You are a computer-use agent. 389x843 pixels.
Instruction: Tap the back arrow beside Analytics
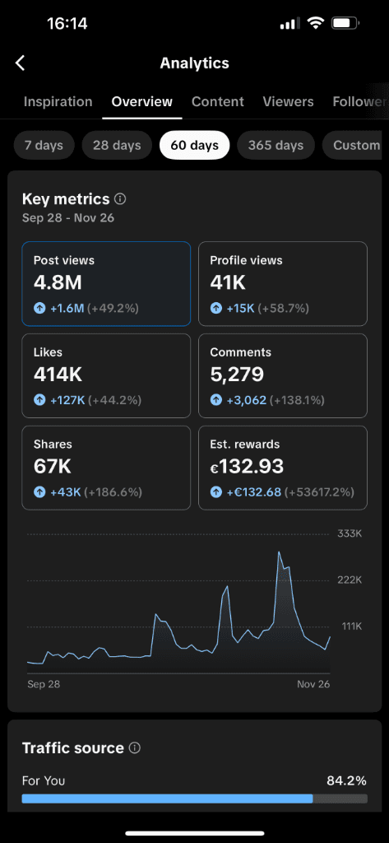click(21, 63)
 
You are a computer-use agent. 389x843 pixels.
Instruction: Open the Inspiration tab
click(58, 102)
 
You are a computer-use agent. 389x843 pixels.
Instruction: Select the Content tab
click(218, 102)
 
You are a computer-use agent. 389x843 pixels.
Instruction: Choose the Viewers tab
click(288, 102)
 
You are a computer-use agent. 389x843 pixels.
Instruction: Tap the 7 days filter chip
click(44, 146)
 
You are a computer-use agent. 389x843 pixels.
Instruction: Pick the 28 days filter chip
click(117, 146)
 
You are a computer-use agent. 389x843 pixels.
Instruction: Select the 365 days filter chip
click(276, 146)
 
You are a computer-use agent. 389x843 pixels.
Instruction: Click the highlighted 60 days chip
click(194, 146)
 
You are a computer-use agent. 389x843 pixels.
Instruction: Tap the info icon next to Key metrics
click(120, 199)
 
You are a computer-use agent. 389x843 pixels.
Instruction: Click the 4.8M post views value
click(57, 283)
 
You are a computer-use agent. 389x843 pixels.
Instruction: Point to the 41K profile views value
click(228, 283)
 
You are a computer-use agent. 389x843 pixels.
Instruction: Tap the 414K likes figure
click(58, 375)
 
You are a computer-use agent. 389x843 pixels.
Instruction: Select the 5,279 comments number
click(237, 375)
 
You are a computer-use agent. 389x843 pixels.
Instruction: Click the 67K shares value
click(53, 467)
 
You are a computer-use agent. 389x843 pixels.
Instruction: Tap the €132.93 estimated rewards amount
click(247, 467)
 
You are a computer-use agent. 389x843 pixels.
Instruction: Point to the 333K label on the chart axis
click(350, 534)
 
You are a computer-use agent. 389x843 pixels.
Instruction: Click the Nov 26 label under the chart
click(313, 684)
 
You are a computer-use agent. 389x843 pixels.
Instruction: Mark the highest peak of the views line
click(280, 552)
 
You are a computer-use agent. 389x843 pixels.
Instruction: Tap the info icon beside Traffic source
click(135, 748)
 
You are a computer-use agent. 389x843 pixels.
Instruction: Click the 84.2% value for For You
click(346, 780)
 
